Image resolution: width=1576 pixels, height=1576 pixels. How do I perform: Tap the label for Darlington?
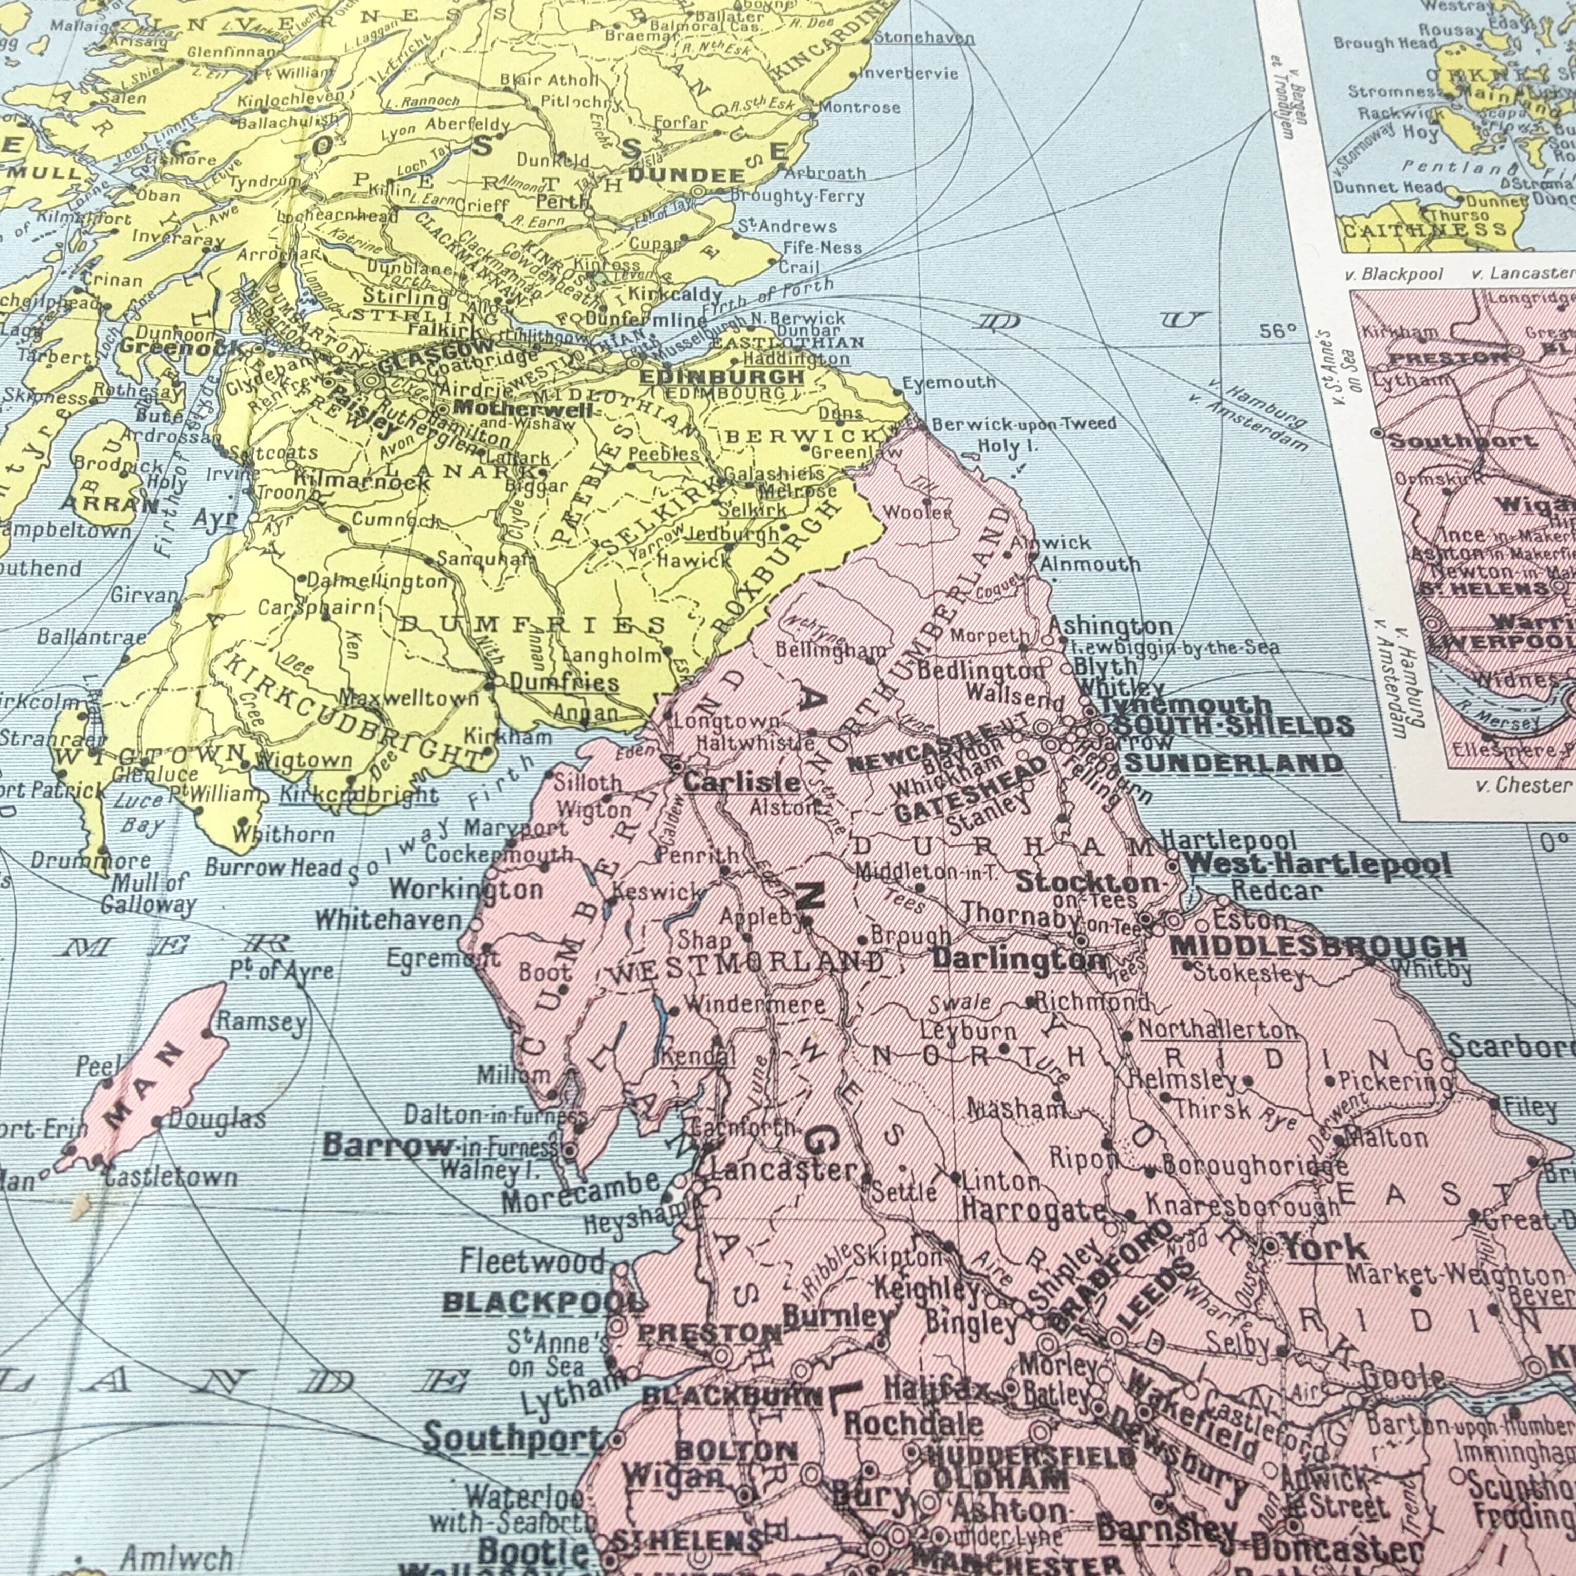[x=1020, y=958]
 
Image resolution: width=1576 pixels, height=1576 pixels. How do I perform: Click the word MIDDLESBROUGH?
[x=1317, y=946]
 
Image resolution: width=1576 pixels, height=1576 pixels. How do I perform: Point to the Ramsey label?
[x=262, y=1021]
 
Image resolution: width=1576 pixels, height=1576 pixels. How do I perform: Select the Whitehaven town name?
[x=388, y=920]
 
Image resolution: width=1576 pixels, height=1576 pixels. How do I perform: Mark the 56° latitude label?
[x=1278, y=330]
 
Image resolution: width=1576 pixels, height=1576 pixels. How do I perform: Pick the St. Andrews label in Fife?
[x=786, y=226]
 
